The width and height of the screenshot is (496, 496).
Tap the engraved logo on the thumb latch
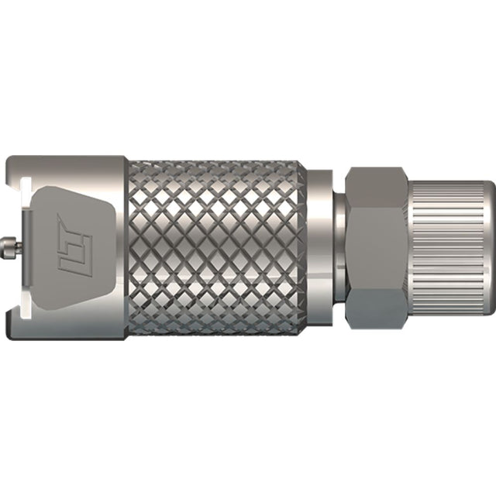[x=75, y=253]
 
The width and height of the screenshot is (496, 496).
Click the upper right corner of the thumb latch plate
[x=115, y=190]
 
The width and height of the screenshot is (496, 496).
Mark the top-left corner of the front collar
[x=9, y=160]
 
